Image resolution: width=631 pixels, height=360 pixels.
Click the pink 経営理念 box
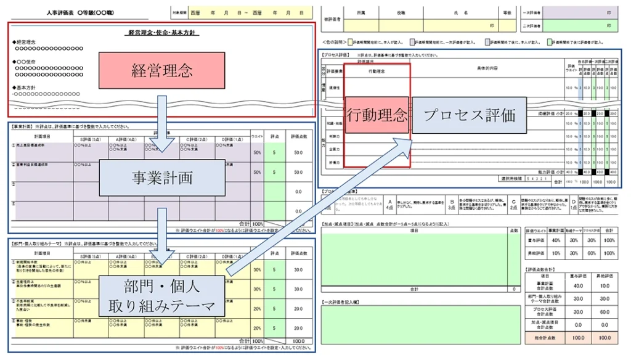[162, 71]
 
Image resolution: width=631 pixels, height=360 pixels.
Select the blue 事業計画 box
[162, 178]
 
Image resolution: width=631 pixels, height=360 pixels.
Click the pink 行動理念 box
[377, 115]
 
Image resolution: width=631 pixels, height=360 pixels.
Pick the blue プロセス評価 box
[469, 115]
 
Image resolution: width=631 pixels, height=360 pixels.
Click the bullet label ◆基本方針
[23, 88]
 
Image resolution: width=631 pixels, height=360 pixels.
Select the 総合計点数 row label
[544, 338]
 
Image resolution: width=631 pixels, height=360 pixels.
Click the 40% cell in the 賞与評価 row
[556, 240]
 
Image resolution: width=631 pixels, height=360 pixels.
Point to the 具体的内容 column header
[487, 68]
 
